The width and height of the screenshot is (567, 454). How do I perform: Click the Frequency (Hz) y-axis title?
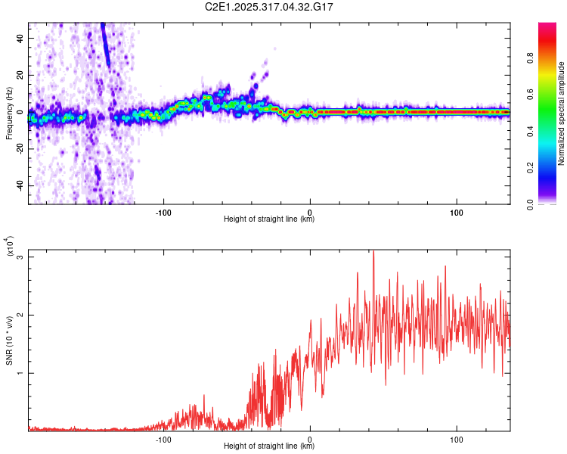(x=9, y=113)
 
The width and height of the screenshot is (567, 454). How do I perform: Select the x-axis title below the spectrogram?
(x=269, y=219)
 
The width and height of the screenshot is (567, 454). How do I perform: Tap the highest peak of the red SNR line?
(x=373, y=250)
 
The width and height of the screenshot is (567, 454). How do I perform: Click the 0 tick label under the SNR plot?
(x=310, y=438)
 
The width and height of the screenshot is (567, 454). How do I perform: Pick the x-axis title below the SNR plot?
(x=269, y=446)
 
